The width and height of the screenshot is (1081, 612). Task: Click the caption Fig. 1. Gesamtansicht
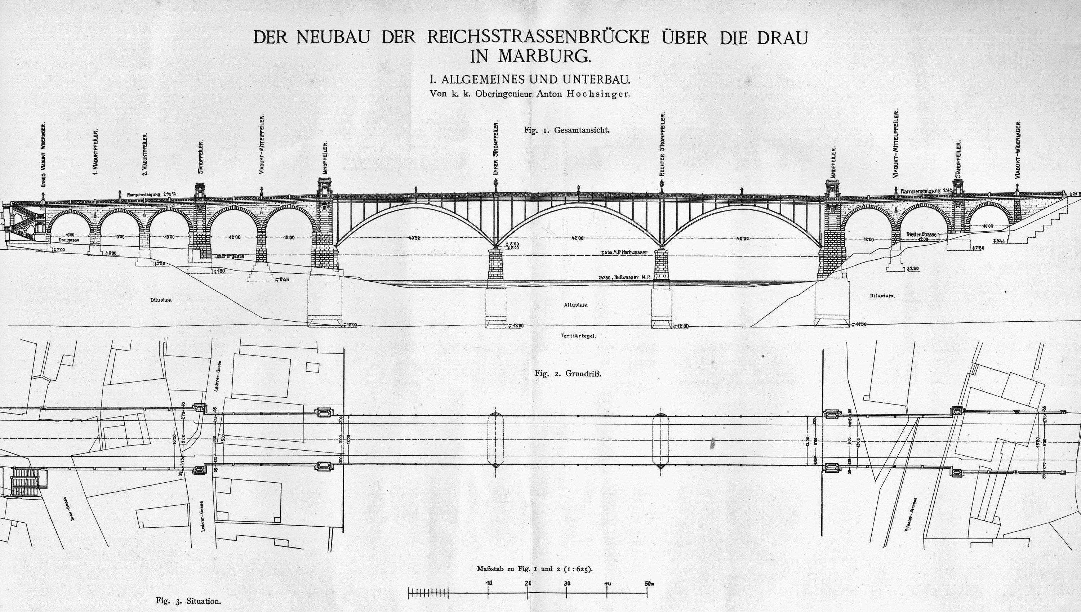[x=566, y=130]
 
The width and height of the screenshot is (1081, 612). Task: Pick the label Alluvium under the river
[x=575, y=305]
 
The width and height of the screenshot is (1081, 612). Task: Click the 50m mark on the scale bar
[x=648, y=583]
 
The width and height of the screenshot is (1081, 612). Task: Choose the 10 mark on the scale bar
[x=488, y=583]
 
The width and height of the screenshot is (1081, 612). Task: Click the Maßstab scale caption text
[x=534, y=569]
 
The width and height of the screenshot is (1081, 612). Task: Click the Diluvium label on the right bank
[x=882, y=295]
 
